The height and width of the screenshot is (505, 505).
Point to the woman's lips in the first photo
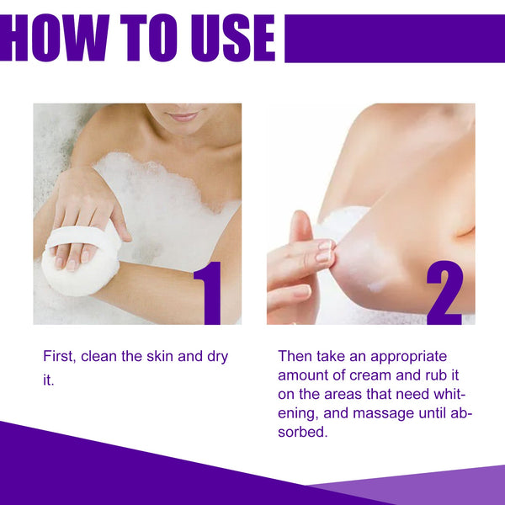click(183, 116)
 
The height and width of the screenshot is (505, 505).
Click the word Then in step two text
click(295, 357)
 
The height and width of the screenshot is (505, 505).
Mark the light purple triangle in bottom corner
click(438, 488)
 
